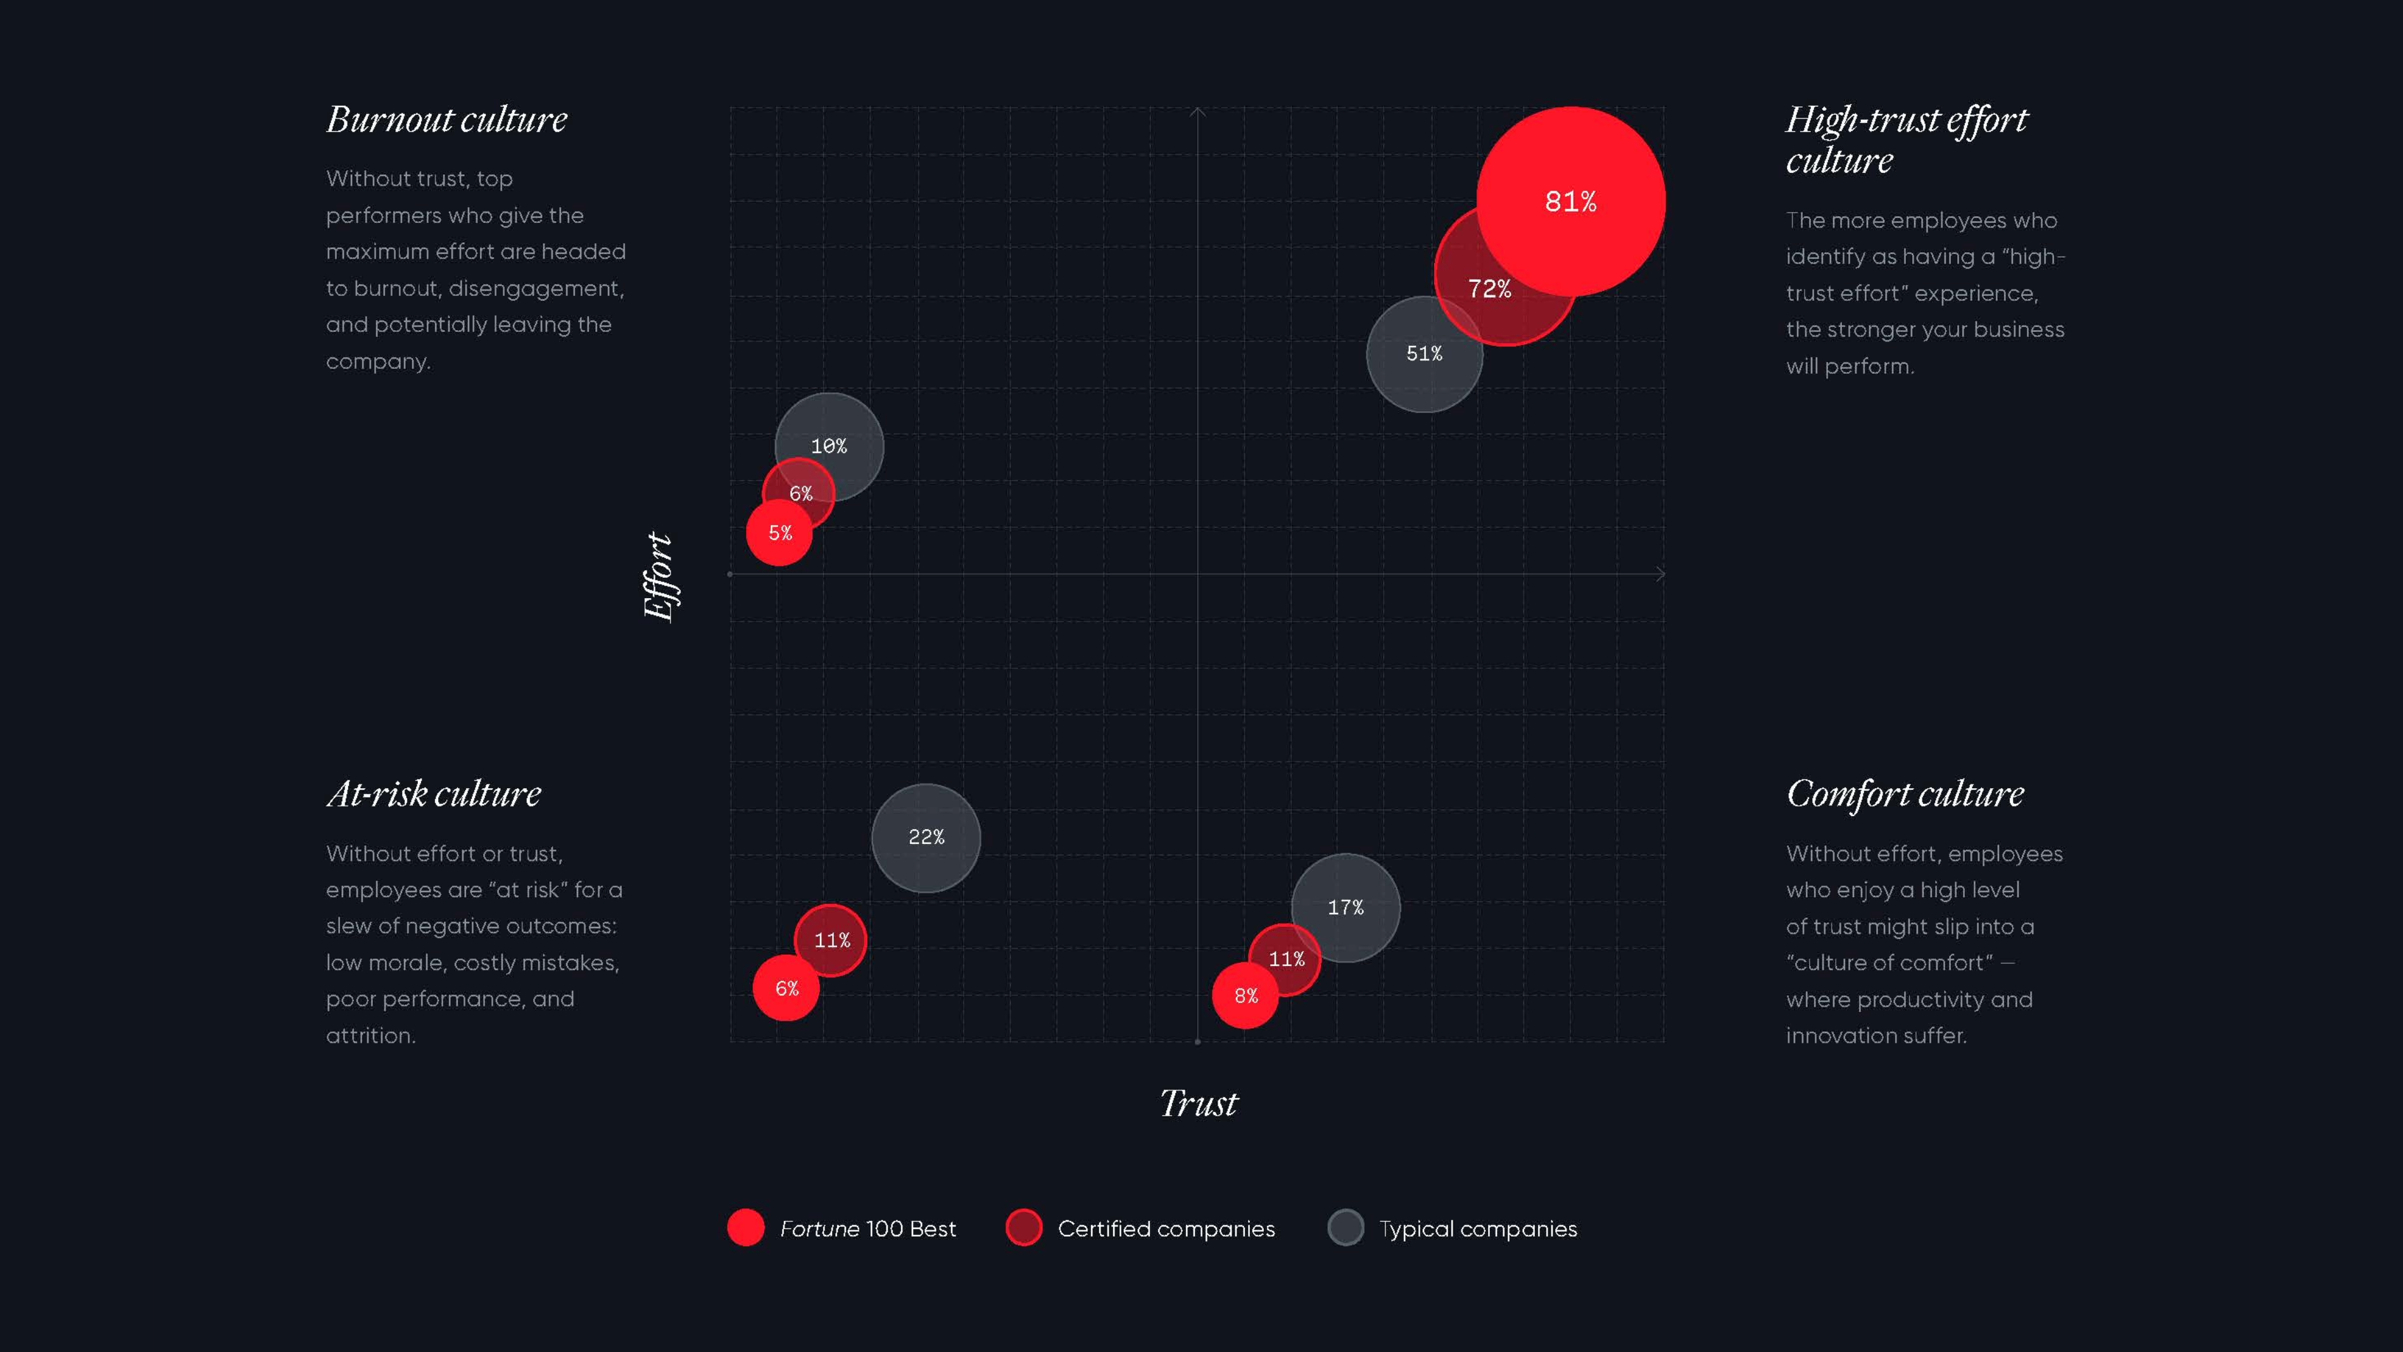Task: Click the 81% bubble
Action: (1571, 201)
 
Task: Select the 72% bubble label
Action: (1490, 290)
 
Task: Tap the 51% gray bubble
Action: (1423, 354)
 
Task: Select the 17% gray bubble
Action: (1345, 907)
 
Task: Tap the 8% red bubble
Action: (1246, 995)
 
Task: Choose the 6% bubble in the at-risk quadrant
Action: (786, 988)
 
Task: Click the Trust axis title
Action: (1199, 1103)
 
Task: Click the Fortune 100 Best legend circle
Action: (745, 1228)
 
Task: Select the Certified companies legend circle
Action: (1023, 1228)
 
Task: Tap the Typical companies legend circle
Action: (1345, 1228)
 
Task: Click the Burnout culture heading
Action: (447, 120)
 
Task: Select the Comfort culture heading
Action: (1905, 794)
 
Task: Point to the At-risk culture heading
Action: (434, 794)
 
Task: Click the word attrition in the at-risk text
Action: (369, 1036)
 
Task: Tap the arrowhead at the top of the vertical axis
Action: (1198, 113)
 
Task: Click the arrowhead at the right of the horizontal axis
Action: (1660, 574)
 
